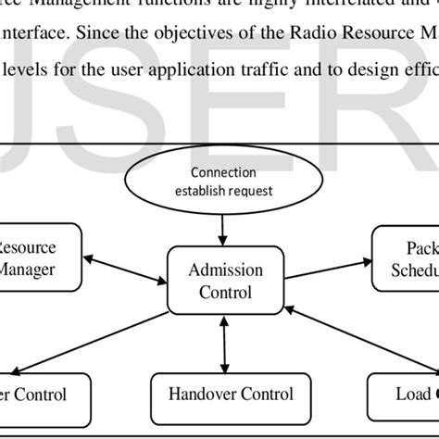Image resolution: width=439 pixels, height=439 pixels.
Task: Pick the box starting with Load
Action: pos(403,394)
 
